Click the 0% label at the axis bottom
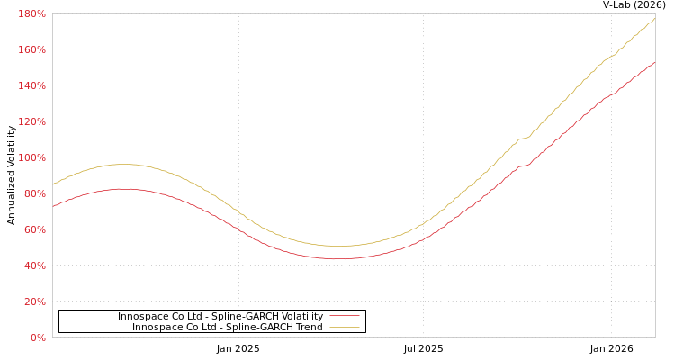(x=38, y=337)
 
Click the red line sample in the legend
(x=344, y=316)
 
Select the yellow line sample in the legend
(x=344, y=327)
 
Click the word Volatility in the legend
(x=296, y=316)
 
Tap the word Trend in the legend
(x=308, y=327)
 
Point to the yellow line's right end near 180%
(x=654, y=18)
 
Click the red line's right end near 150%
(x=654, y=63)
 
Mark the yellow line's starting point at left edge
(x=53, y=184)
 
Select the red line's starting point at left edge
(x=53, y=205)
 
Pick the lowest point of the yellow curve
(x=338, y=246)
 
